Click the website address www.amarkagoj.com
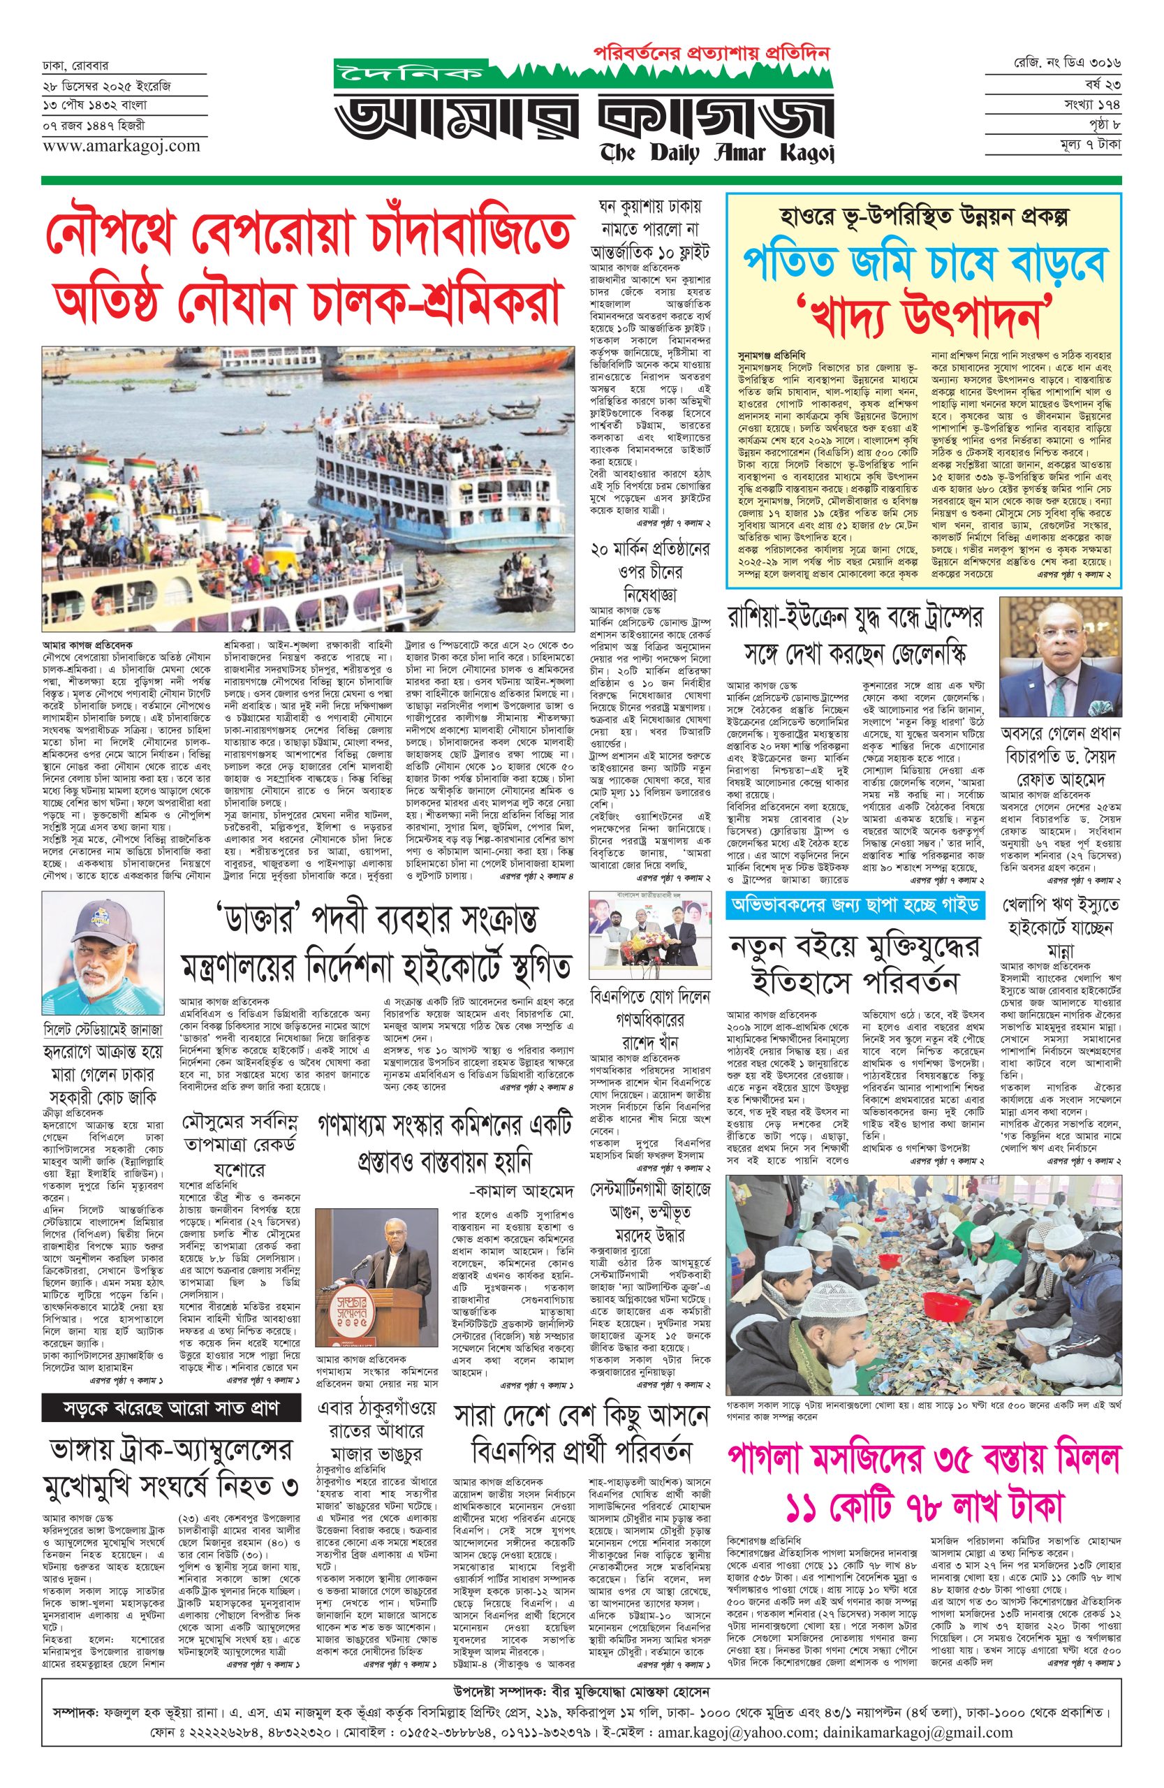click(110, 145)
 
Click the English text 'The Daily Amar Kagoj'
click(717, 153)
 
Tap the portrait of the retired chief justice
click(1060, 658)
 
